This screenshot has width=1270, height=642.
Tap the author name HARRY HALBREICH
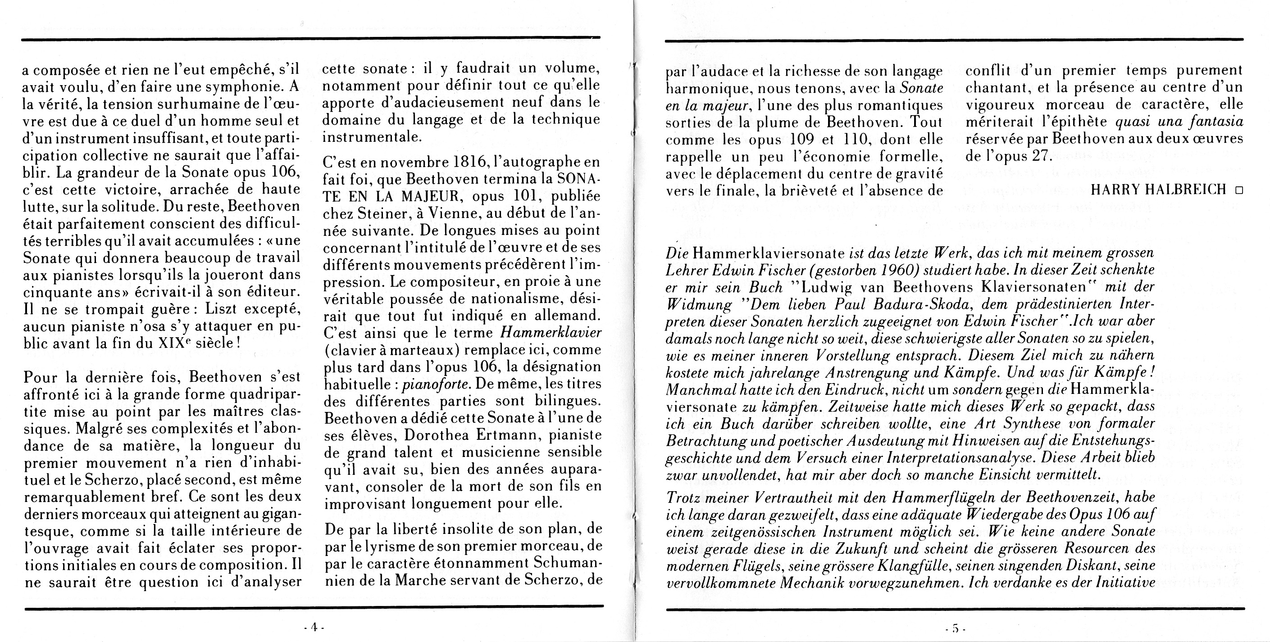1158,190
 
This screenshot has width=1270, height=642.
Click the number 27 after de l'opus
1041,156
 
